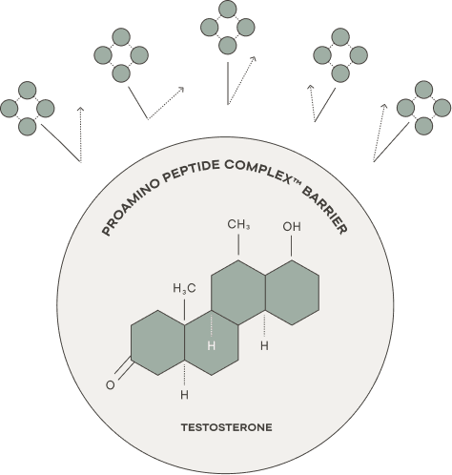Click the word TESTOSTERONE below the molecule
coord(227,427)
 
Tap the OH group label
coord(292,227)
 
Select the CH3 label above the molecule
coord(238,224)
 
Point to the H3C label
coord(184,288)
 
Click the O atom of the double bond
coord(110,385)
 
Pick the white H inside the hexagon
coord(212,345)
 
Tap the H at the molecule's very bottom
coord(184,395)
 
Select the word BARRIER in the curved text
coord(324,210)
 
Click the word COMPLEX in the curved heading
coord(259,171)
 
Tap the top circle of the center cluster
coord(228,9)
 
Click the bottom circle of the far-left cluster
coord(28,127)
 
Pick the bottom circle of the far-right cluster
coord(423,126)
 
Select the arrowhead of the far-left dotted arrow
coord(81,110)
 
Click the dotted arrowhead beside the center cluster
coord(253,59)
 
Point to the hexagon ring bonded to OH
coord(293,293)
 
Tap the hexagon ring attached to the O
coord(158,342)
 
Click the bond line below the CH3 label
coord(238,244)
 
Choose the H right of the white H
coord(264,345)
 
